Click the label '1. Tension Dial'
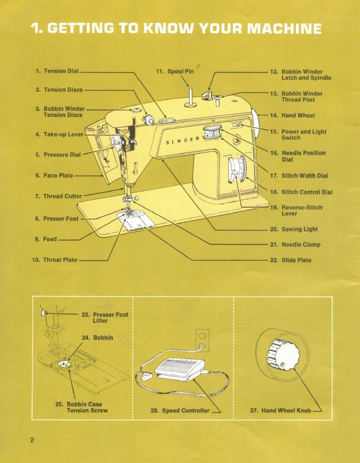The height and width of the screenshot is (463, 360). [x=57, y=71]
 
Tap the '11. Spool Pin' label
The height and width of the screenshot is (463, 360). [x=175, y=71]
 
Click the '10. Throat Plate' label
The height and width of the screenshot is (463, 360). [x=54, y=260]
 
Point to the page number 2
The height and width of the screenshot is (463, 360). [x=32, y=440]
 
